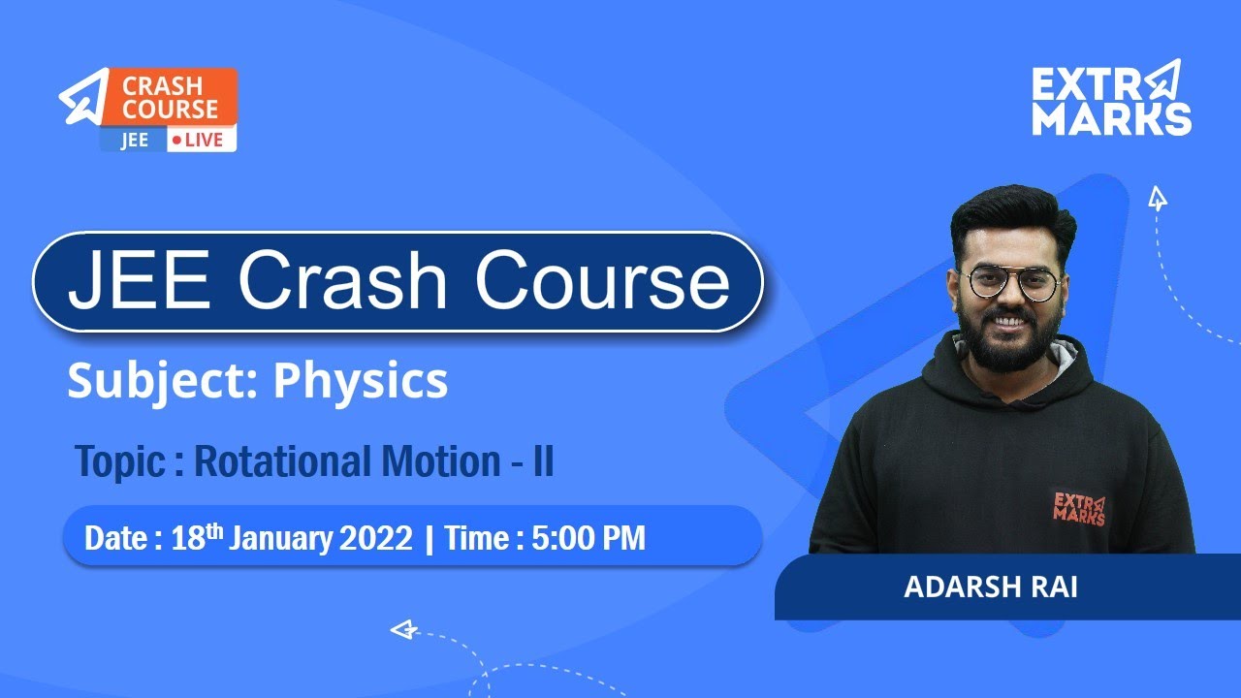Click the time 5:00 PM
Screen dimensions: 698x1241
tap(588, 538)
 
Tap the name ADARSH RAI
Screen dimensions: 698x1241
tap(990, 588)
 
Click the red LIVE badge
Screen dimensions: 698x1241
tap(201, 140)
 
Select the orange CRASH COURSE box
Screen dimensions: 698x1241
tap(169, 97)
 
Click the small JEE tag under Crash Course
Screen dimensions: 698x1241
tap(134, 140)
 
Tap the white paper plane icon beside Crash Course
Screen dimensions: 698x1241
tap(84, 97)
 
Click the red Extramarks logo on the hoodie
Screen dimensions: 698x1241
tap(1078, 507)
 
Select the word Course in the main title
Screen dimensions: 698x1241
tap(601, 282)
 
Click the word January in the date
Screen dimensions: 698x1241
tap(283, 538)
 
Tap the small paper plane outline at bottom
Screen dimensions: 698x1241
tap(402, 630)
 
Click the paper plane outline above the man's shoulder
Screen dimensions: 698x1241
tap(1157, 199)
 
